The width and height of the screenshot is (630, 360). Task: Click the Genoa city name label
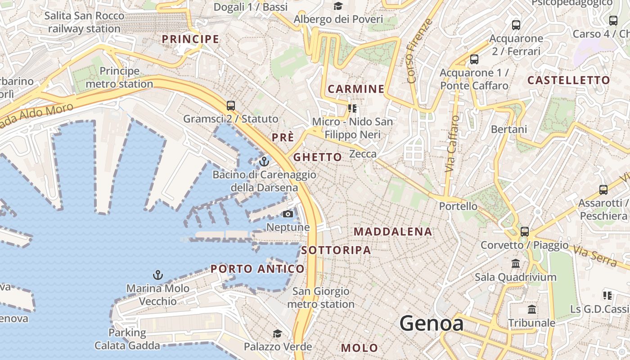tap(431, 323)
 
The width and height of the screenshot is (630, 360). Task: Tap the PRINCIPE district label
tap(190, 39)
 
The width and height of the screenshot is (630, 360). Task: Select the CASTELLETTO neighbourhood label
tap(568, 81)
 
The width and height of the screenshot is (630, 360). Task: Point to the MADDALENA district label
tap(393, 232)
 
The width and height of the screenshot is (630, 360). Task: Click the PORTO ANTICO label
tap(257, 269)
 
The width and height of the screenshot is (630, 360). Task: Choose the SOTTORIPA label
tap(336, 250)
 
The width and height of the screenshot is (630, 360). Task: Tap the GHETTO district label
tap(318, 157)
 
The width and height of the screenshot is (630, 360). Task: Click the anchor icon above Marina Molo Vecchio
tap(157, 274)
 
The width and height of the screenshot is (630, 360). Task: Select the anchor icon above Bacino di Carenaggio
tap(264, 161)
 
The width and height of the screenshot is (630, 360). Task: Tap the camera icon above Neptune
tap(288, 214)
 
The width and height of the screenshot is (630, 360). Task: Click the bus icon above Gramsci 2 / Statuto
tap(231, 106)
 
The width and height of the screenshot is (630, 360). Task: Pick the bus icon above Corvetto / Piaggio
tap(525, 232)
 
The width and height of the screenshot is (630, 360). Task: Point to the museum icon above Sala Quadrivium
tap(516, 263)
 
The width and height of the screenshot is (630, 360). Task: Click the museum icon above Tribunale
tap(532, 309)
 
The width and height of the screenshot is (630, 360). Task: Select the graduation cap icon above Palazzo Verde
tap(278, 333)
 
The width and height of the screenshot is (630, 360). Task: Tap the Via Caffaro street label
tap(452, 144)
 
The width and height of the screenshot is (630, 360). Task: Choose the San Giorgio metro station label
tap(320, 297)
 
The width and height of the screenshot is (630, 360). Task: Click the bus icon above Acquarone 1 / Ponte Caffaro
tap(474, 59)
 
